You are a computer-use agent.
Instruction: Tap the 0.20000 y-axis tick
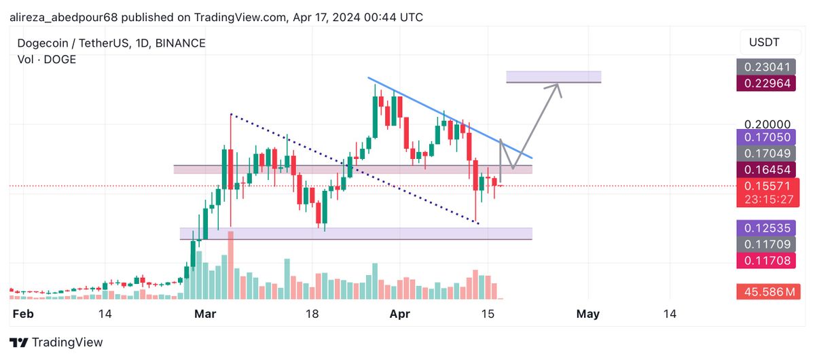point(767,125)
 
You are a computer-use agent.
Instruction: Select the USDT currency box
point(764,43)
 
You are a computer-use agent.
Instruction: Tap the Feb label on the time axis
point(24,314)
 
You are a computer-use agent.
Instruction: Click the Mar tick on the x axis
point(204,314)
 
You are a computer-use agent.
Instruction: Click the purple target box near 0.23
point(554,76)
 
